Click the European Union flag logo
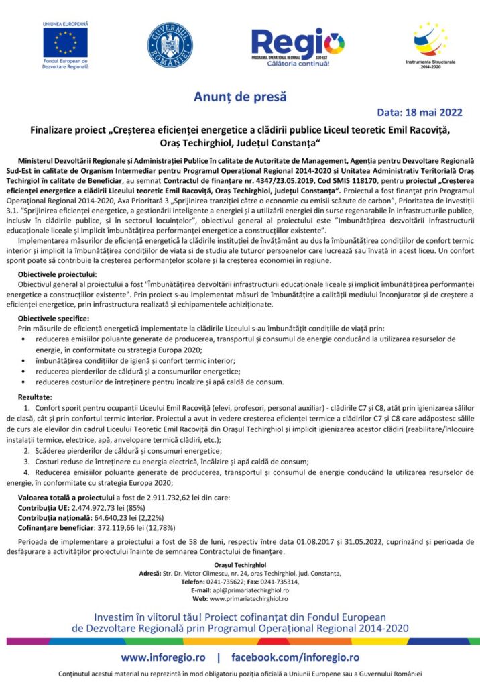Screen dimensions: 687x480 (x=65, y=42)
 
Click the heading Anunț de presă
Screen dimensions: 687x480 (x=239, y=97)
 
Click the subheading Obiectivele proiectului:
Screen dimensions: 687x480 (x=58, y=274)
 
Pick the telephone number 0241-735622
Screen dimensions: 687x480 (x=225, y=582)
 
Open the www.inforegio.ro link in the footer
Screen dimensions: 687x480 (x=163, y=657)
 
